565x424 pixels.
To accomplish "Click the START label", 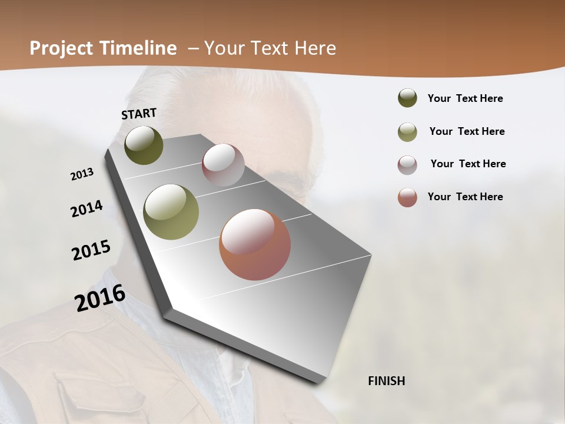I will click(x=139, y=114).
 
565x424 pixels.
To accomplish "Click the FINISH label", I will click(x=387, y=381).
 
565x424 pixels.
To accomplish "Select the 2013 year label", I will click(x=82, y=174).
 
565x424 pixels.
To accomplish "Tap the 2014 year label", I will click(x=87, y=209).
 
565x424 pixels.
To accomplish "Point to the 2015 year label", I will click(x=91, y=250).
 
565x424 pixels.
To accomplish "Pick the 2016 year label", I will click(x=100, y=297).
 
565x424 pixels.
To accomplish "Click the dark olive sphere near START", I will click(x=144, y=145).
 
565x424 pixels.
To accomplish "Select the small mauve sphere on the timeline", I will click(x=223, y=165).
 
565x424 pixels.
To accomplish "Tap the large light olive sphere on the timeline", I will click(x=171, y=212).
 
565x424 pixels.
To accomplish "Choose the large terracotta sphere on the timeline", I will click(x=255, y=244).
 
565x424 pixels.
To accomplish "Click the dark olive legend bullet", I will click(x=407, y=98).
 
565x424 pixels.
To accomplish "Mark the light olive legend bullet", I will click(x=407, y=132).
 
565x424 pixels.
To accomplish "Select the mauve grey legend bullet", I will click(x=407, y=165).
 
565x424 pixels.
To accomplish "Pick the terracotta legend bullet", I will click(x=407, y=197).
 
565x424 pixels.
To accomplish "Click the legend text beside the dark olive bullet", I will click(x=465, y=98).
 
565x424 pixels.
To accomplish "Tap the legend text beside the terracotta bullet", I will click(x=465, y=197).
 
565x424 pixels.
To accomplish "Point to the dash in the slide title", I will click(x=192, y=48).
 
